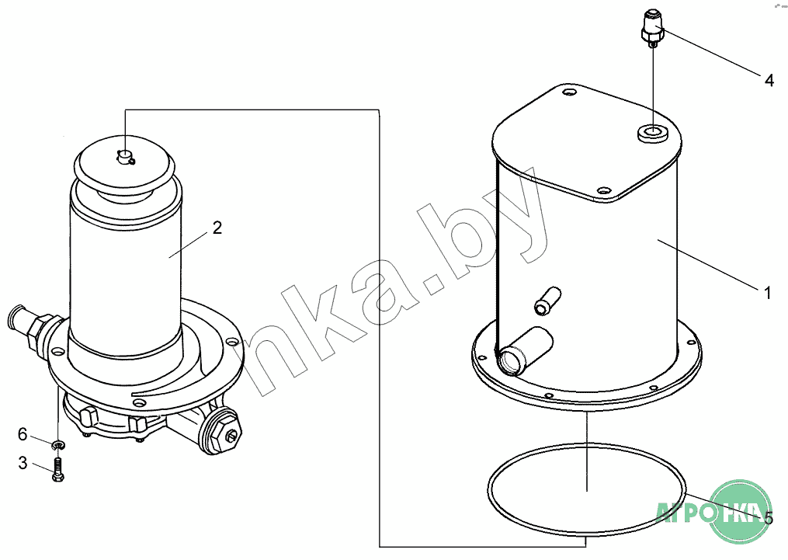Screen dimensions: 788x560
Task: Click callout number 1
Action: pyautogui.click(x=767, y=293)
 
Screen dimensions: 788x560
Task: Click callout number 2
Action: pyautogui.click(x=217, y=228)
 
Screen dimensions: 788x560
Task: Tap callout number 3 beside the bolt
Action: pyautogui.click(x=23, y=463)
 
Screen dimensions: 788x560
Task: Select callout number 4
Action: pyautogui.click(x=769, y=80)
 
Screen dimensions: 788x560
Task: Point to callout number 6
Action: pyautogui.click(x=23, y=434)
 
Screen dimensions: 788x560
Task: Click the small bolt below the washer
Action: pyautogui.click(x=57, y=470)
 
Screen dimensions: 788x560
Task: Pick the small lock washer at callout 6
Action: pyautogui.click(x=59, y=444)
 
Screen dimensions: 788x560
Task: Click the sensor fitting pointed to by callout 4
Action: pyautogui.click(x=652, y=28)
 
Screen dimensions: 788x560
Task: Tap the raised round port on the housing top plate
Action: pyautogui.click(x=653, y=134)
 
